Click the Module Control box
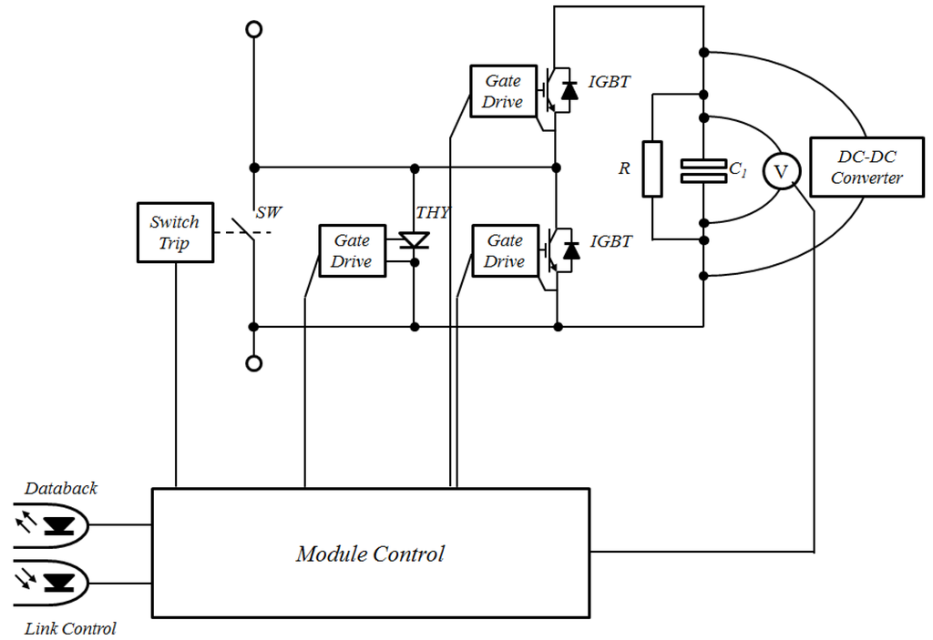point(370,554)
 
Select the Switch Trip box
point(175,232)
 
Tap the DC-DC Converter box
point(866,168)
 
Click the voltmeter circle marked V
point(780,171)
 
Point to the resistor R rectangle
point(652,169)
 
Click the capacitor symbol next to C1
point(703,171)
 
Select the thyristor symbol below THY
point(415,241)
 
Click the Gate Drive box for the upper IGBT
point(502,91)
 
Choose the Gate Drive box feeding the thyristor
point(352,250)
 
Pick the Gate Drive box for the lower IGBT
point(504,250)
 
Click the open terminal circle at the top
point(254,29)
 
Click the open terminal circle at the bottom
point(254,363)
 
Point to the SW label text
point(269,212)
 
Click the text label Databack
point(61,488)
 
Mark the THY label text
point(433,212)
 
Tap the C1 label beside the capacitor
point(737,168)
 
